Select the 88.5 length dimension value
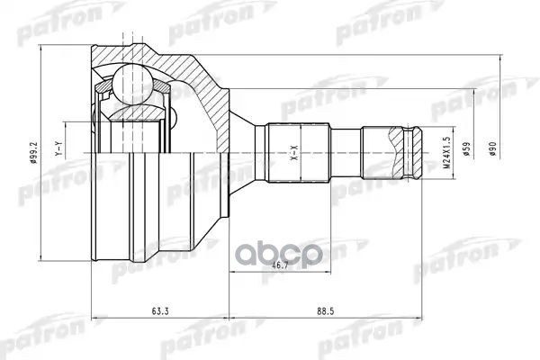coord(327,313)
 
